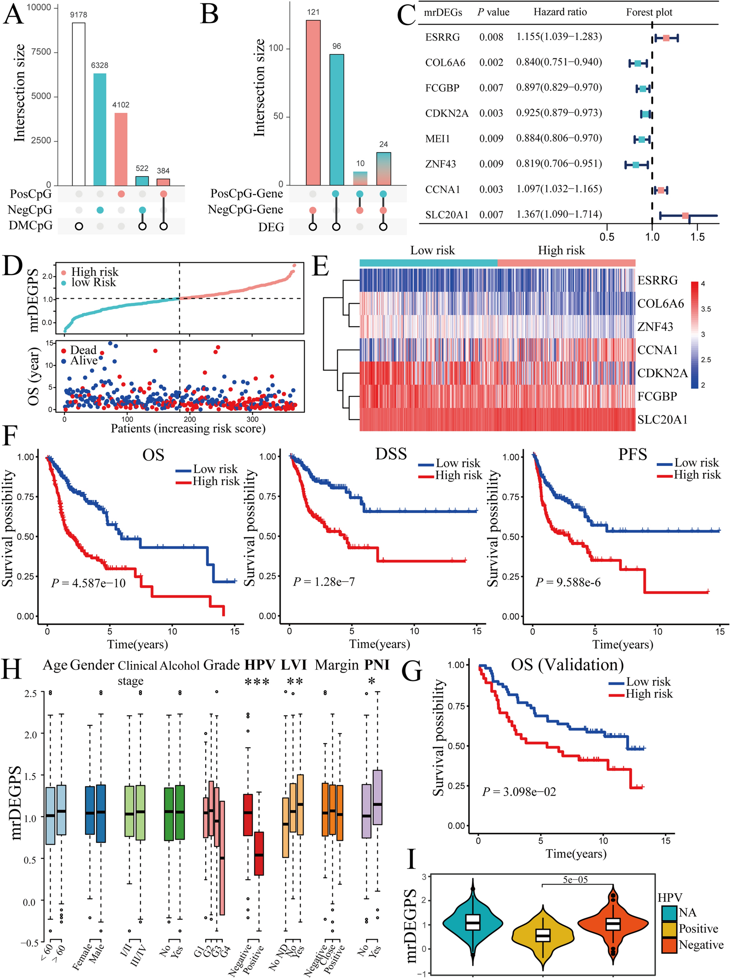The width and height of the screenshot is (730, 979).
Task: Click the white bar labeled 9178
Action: [79, 104]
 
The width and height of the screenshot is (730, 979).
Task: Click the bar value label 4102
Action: [121, 105]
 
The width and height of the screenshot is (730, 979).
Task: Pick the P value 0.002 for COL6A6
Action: [491, 63]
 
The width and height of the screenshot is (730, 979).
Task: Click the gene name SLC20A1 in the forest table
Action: [446, 214]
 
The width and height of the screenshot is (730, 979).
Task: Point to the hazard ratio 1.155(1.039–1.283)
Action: [559, 37]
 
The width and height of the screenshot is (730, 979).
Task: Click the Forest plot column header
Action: [649, 13]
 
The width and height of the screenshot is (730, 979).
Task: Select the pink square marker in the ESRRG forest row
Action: [666, 38]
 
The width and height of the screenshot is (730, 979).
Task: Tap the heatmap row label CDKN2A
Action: [662, 373]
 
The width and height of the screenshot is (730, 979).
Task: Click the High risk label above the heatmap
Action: [561, 251]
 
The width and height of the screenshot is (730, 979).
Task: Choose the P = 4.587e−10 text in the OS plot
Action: [88, 583]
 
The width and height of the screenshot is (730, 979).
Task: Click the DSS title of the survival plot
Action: [391, 454]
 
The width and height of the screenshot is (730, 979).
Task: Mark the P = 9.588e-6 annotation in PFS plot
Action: [568, 582]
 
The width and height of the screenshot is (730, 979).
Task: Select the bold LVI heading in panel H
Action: [294, 665]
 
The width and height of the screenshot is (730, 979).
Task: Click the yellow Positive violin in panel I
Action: [543, 935]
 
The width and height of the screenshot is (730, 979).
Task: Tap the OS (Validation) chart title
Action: [567, 665]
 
